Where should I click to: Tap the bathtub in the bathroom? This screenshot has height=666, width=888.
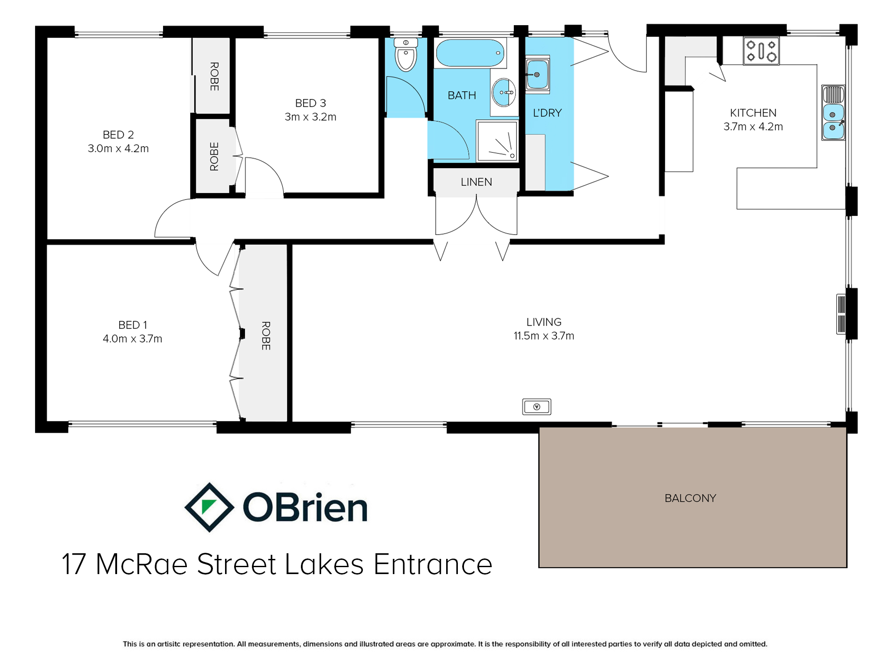(x=470, y=53)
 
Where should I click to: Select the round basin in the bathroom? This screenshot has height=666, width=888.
(x=504, y=92)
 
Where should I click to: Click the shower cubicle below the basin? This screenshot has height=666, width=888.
(x=497, y=141)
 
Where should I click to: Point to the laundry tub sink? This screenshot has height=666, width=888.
(x=537, y=74)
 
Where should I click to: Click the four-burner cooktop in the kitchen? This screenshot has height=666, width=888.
(x=761, y=51)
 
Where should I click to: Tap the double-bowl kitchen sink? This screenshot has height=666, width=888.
(x=833, y=113)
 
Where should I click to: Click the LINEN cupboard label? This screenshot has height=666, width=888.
(x=476, y=182)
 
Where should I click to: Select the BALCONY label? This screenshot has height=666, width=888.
(x=690, y=498)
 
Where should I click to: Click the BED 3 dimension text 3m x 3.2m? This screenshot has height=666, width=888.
(x=310, y=117)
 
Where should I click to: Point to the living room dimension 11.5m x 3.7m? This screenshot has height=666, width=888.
(x=544, y=336)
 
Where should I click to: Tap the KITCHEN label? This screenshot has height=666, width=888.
(x=753, y=113)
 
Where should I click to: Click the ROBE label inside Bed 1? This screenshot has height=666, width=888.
(x=266, y=336)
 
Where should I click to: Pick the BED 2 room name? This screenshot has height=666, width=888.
(x=118, y=135)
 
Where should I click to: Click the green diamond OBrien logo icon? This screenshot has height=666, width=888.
(x=209, y=507)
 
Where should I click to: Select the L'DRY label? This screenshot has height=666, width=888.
(x=547, y=113)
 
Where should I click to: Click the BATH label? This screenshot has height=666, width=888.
(x=462, y=95)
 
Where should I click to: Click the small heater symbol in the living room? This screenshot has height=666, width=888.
(x=537, y=407)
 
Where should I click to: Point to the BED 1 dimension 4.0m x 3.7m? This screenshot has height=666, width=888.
(x=132, y=339)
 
